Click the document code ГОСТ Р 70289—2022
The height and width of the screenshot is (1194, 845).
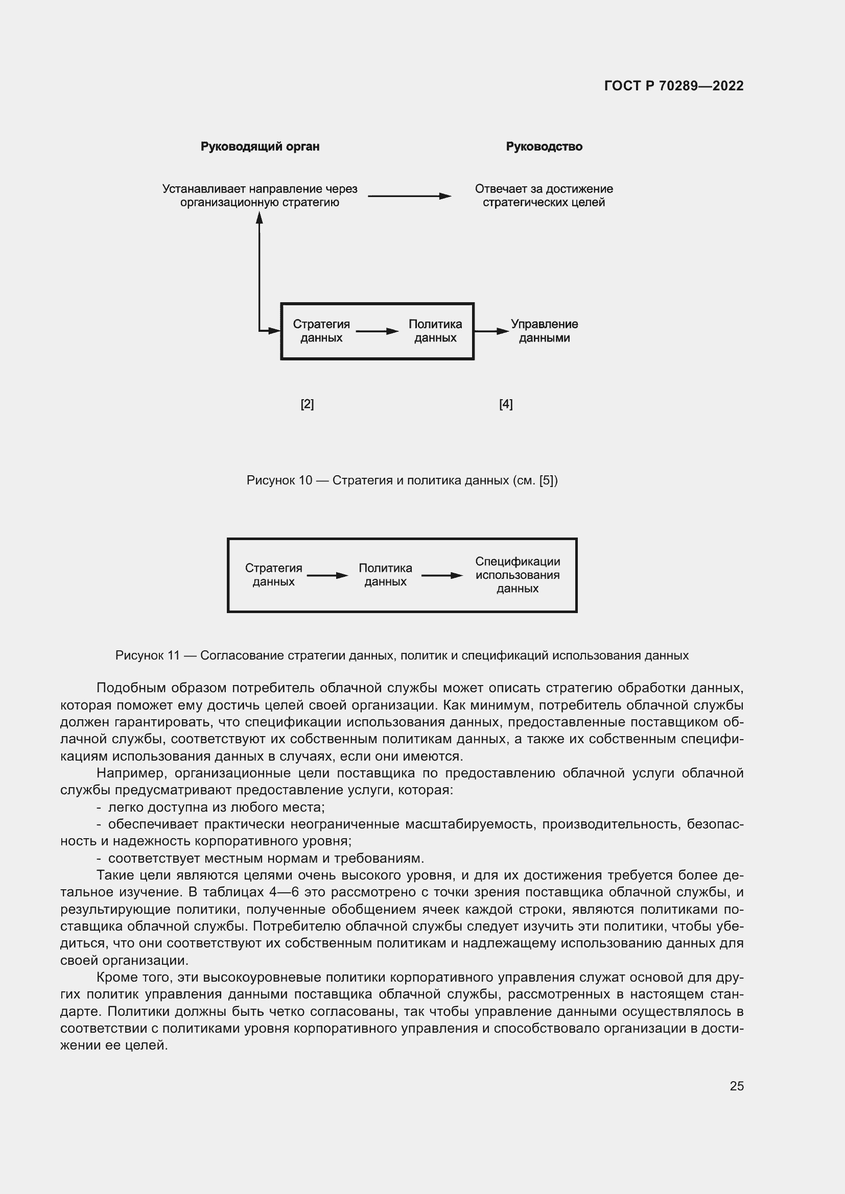673,86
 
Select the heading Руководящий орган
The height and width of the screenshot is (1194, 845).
260,147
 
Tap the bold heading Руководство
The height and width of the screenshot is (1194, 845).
544,147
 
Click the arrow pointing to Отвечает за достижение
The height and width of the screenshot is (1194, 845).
409,196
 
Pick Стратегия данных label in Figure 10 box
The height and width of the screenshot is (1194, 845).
321,331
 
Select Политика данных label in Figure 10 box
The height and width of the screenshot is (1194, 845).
435,331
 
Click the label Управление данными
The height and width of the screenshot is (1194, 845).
544,331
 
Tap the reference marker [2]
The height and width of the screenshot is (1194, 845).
307,404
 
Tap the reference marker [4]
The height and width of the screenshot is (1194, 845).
506,404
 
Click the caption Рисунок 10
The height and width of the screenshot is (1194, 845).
402,480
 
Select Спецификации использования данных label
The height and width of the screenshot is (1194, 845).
517,575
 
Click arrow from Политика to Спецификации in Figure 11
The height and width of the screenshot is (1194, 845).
441,575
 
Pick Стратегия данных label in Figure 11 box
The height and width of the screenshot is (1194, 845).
273,575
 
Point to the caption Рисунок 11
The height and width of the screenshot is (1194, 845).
402,655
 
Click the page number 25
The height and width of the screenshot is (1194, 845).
736,1086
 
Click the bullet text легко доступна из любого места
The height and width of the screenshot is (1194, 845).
216,807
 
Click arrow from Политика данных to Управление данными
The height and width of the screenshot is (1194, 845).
491,331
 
